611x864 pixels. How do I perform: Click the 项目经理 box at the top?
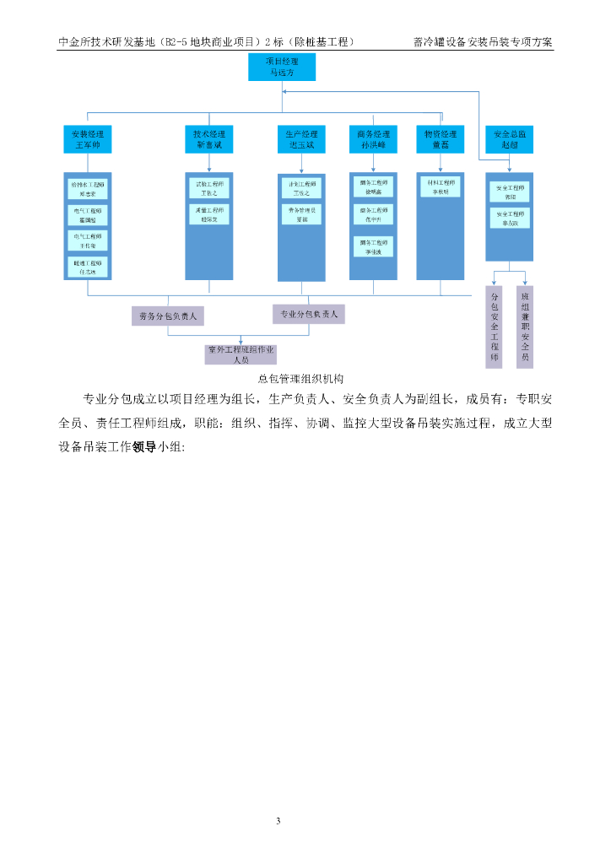[281, 67]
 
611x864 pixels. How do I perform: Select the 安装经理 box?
[88, 139]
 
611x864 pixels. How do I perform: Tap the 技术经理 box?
[208, 139]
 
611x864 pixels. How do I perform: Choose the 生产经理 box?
[301, 139]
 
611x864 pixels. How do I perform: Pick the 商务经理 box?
[373, 139]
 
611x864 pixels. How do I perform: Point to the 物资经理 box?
[440, 139]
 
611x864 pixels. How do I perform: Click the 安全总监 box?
[510, 139]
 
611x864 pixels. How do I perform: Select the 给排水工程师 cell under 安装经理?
[88, 188]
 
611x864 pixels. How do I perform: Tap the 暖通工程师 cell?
[88, 267]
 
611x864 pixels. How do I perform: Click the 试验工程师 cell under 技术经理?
[208, 187]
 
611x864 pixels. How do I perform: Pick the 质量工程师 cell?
[208, 214]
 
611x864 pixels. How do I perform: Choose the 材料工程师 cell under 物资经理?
[441, 186]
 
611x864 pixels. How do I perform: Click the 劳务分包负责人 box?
[167, 316]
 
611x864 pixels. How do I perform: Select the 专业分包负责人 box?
[308, 314]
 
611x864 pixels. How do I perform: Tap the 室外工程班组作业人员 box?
[241, 354]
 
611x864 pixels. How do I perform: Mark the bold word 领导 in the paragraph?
[144, 447]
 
